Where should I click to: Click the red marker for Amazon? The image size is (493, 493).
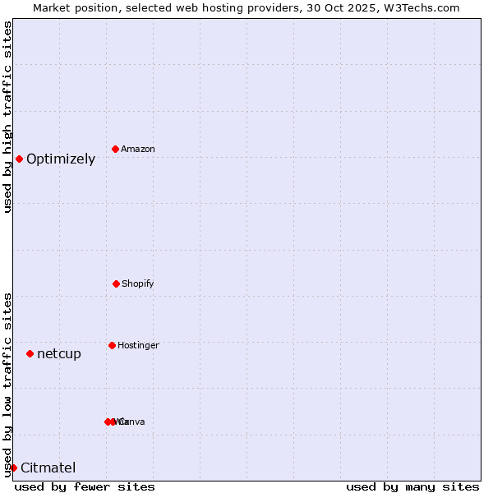click(115, 149)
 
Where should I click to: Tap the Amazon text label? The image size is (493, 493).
click(138, 149)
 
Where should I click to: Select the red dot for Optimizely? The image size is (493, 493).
click(19, 159)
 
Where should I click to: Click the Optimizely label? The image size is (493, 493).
click(61, 159)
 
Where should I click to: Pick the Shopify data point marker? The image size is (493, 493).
click(116, 283)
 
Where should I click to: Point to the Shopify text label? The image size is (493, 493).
click(138, 283)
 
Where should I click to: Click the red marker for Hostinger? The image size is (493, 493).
click(112, 345)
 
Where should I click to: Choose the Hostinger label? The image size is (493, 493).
click(138, 345)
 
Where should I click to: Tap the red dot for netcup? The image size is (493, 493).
click(30, 353)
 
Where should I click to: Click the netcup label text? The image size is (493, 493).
click(59, 354)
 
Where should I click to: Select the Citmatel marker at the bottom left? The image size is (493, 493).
click(13, 468)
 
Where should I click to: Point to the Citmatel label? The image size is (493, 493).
click(48, 468)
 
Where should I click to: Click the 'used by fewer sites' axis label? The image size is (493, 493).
click(85, 486)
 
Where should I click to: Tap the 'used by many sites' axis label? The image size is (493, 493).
click(412, 486)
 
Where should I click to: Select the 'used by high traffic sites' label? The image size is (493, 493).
click(8, 117)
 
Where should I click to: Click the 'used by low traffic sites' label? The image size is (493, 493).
click(8, 385)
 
